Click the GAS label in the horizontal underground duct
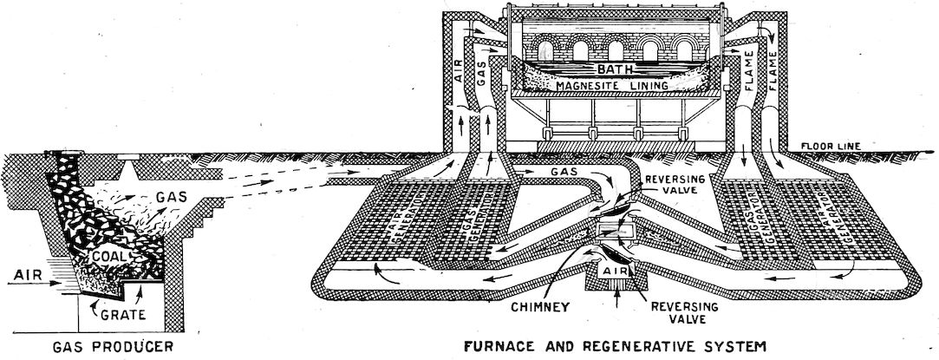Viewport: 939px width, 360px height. (x=566, y=172)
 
